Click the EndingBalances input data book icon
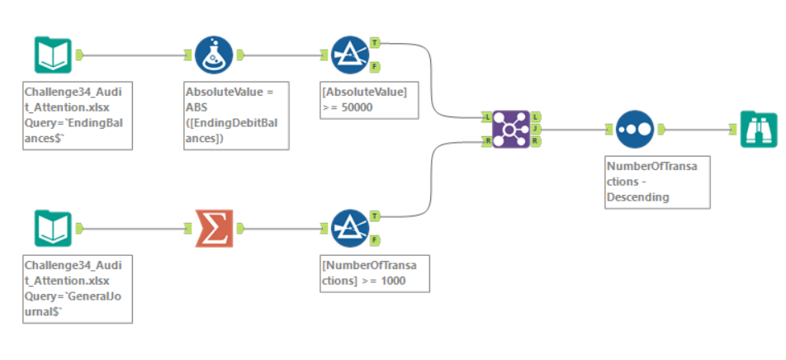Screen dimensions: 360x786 52,54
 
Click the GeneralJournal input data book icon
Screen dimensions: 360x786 52,228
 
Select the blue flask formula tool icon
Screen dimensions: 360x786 213,54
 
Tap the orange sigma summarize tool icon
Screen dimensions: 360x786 213,228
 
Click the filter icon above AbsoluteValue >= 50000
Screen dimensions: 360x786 349,54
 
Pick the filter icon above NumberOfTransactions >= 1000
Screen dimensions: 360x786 349,228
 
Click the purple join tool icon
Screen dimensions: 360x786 510,129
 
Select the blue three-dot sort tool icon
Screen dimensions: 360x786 634,129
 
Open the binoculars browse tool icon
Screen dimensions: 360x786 758,129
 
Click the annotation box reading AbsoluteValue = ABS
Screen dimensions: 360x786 236,115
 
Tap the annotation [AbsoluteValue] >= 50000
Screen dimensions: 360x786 368,99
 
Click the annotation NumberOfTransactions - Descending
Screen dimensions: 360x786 656,182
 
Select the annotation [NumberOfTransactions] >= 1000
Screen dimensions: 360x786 375,272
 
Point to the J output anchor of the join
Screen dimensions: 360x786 536,129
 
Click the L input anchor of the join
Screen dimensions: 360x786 487,117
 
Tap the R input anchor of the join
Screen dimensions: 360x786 487,141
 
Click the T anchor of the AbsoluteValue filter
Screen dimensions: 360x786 376,42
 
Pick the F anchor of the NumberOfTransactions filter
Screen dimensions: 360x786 376,240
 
